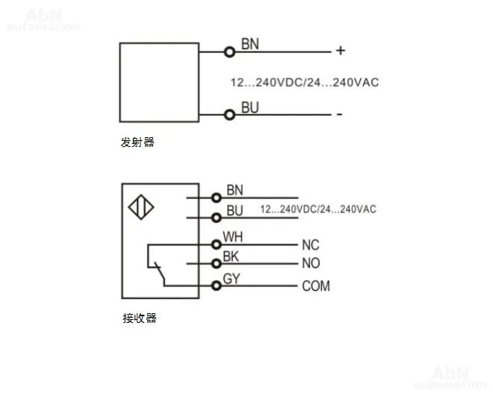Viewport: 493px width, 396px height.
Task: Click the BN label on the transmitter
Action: (249, 44)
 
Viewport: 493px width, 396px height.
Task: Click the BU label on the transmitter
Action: (249, 108)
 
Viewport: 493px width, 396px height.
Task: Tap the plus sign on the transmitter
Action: (340, 51)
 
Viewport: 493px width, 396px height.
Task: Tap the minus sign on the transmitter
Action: (339, 114)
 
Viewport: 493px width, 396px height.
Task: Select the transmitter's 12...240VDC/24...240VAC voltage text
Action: (305, 82)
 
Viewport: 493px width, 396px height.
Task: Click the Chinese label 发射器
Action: (137, 142)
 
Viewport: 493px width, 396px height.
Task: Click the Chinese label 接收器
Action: (139, 318)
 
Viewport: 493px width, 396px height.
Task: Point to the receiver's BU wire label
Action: (235, 210)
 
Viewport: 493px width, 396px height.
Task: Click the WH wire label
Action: (233, 237)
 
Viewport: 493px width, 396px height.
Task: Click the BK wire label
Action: (231, 257)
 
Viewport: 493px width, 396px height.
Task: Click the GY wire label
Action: (232, 279)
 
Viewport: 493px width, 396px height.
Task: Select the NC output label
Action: (311, 245)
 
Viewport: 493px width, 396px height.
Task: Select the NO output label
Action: (311, 263)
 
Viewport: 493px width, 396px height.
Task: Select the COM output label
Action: (315, 286)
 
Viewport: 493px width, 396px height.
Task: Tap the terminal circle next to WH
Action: (217, 243)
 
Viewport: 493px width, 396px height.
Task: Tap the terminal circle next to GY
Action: (217, 284)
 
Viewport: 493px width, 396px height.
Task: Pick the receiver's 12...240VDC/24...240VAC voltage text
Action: (318, 210)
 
